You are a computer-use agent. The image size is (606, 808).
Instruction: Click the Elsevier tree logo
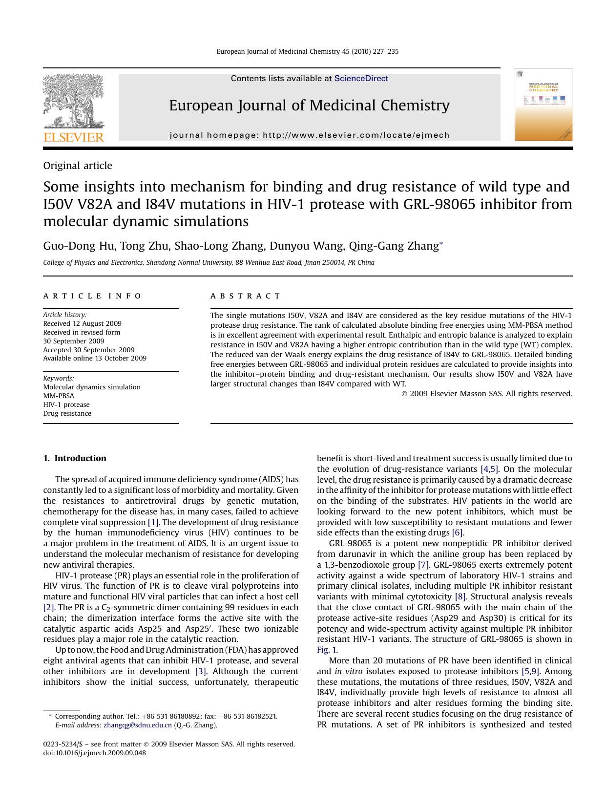(x=73, y=101)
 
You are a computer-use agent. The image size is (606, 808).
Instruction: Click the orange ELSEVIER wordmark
(x=74, y=137)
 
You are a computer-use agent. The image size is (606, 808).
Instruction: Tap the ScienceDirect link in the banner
(x=361, y=78)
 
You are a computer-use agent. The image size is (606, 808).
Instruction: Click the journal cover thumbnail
(x=543, y=105)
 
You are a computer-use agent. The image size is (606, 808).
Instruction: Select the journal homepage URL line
(x=310, y=135)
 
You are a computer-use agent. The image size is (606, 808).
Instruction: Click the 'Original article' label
(x=78, y=166)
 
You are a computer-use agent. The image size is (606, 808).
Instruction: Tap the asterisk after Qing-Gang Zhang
(x=441, y=243)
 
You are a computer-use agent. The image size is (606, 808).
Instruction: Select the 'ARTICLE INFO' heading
(x=92, y=296)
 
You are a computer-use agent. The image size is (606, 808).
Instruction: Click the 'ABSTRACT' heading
(x=246, y=296)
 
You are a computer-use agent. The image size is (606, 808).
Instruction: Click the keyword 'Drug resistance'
(x=67, y=413)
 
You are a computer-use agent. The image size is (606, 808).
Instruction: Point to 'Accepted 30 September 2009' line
(x=88, y=350)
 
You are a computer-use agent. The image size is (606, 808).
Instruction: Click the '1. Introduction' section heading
(x=75, y=458)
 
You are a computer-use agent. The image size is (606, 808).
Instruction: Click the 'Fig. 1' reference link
(x=326, y=650)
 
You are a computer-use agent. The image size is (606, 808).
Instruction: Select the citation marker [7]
(x=423, y=565)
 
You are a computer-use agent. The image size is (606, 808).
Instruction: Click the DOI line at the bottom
(x=94, y=753)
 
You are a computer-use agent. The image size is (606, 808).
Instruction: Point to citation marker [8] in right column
(x=460, y=596)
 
